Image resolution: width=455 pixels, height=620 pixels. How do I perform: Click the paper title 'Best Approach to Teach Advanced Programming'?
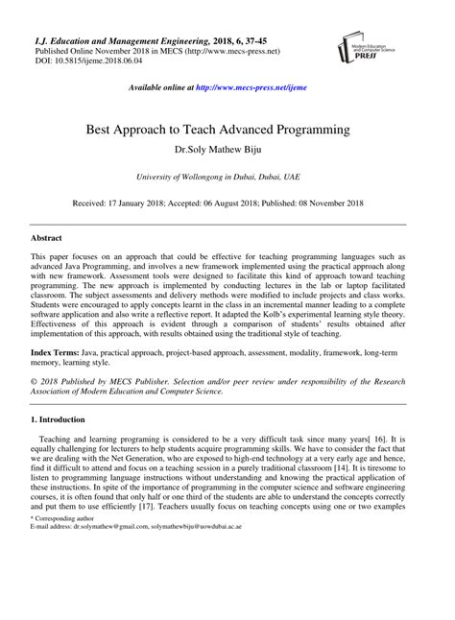[x=227, y=128]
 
